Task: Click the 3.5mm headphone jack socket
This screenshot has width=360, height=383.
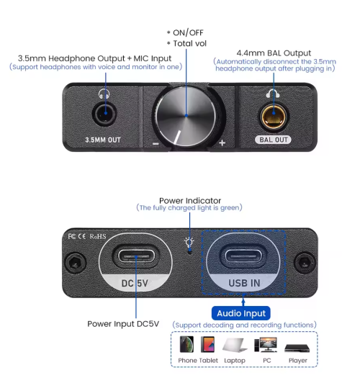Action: coord(104,114)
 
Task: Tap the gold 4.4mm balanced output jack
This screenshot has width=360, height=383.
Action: coord(274,117)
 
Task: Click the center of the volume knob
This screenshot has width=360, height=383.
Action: coord(186,115)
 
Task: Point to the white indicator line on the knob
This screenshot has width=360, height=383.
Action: coord(177,138)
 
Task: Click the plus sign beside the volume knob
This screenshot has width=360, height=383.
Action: coord(222,143)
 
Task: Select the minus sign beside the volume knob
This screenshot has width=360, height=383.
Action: coord(156,144)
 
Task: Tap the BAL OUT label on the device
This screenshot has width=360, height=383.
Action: coord(274,140)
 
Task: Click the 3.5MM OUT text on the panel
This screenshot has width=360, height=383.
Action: coord(103,140)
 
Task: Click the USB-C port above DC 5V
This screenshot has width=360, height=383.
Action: coord(136,256)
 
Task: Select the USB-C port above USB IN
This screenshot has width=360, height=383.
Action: coord(243,256)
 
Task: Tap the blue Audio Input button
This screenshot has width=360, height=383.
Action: coord(240,313)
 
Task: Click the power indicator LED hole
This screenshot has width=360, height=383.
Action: coord(189,251)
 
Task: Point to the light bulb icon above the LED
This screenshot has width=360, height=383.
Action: coord(189,242)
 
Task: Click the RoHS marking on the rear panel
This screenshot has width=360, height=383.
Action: coord(98,236)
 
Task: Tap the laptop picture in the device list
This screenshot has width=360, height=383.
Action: coord(235,345)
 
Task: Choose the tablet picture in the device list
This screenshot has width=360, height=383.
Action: coord(208,344)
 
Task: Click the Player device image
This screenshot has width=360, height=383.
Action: coord(297,348)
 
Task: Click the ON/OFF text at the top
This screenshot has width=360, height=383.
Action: coord(188,32)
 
